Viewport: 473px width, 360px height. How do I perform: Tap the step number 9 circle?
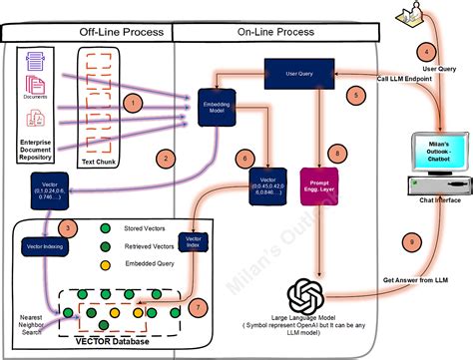407,240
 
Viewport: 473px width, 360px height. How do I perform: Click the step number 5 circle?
352,96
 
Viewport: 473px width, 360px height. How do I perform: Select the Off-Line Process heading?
119,32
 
